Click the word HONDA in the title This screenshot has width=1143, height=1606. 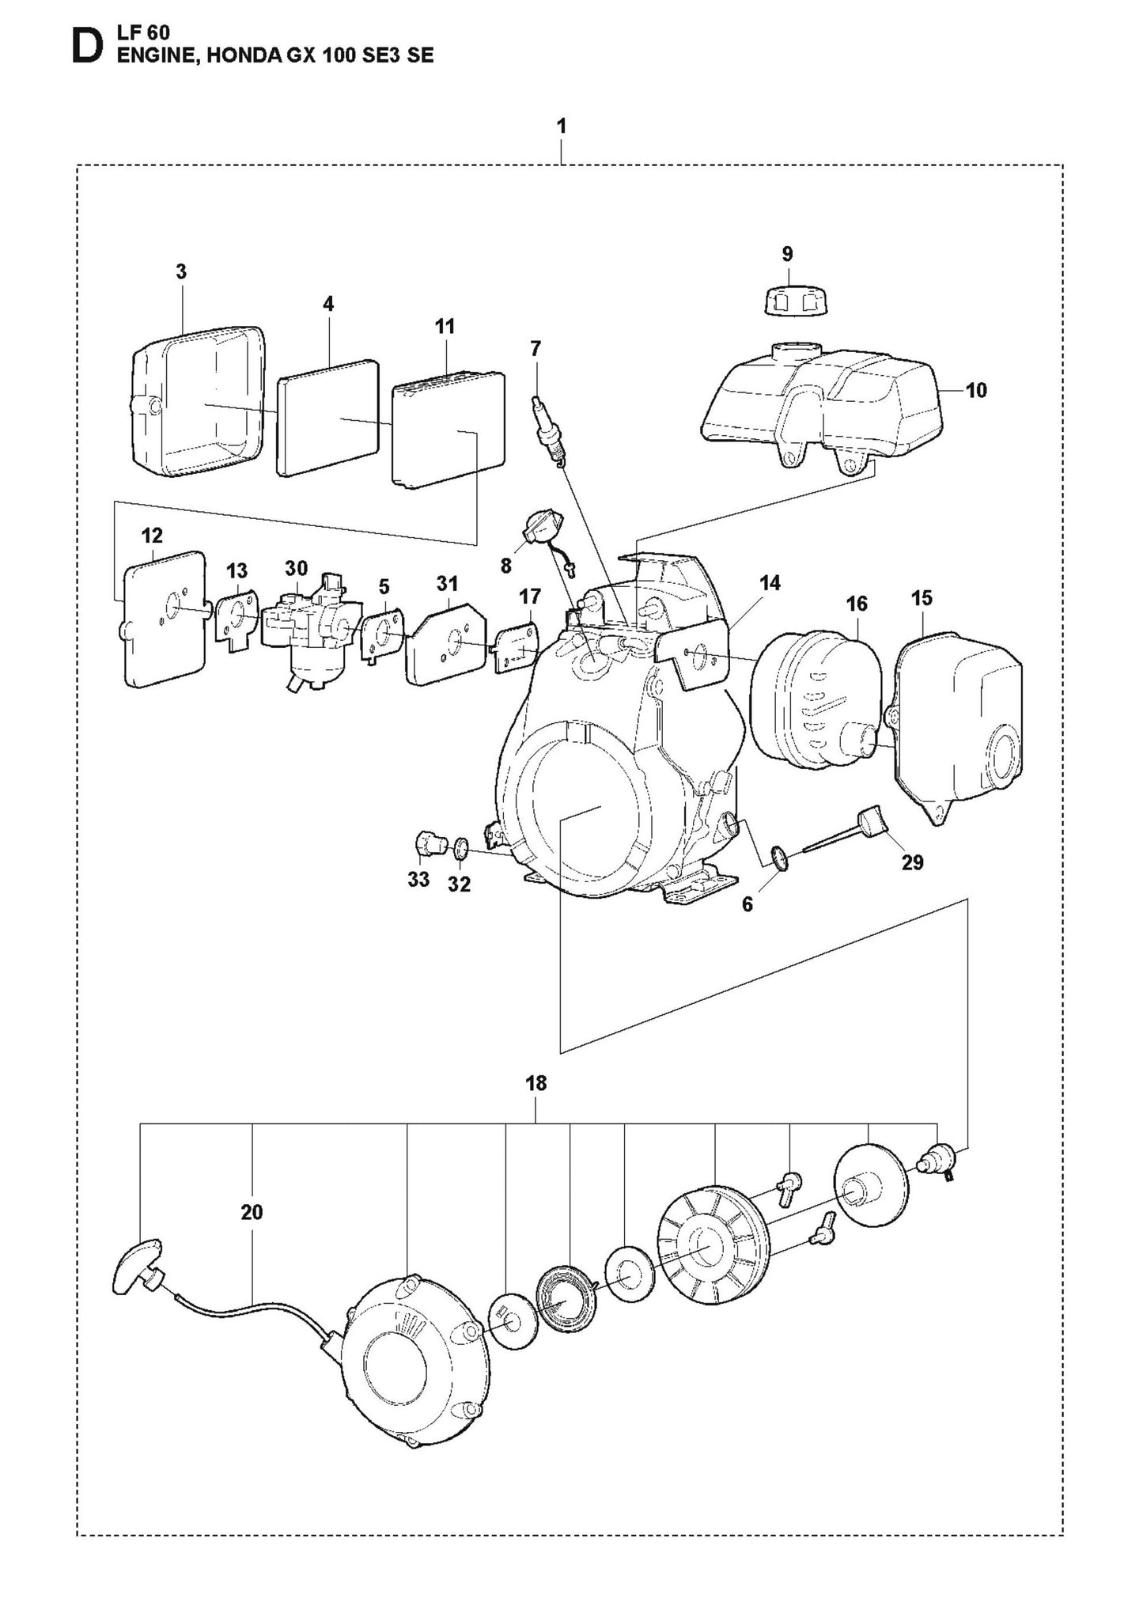click(x=237, y=55)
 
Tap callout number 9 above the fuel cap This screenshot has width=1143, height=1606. click(x=786, y=254)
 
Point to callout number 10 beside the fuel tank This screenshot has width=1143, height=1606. click(x=977, y=390)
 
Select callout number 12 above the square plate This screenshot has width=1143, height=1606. click(x=152, y=536)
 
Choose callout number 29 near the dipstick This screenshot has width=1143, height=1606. click(x=912, y=862)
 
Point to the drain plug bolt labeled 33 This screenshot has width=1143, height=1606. click(x=429, y=843)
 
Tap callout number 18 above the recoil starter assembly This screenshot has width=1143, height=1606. click(x=536, y=1083)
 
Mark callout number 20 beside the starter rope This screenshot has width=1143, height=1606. click(x=252, y=1211)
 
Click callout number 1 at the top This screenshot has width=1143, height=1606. click(x=561, y=127)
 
